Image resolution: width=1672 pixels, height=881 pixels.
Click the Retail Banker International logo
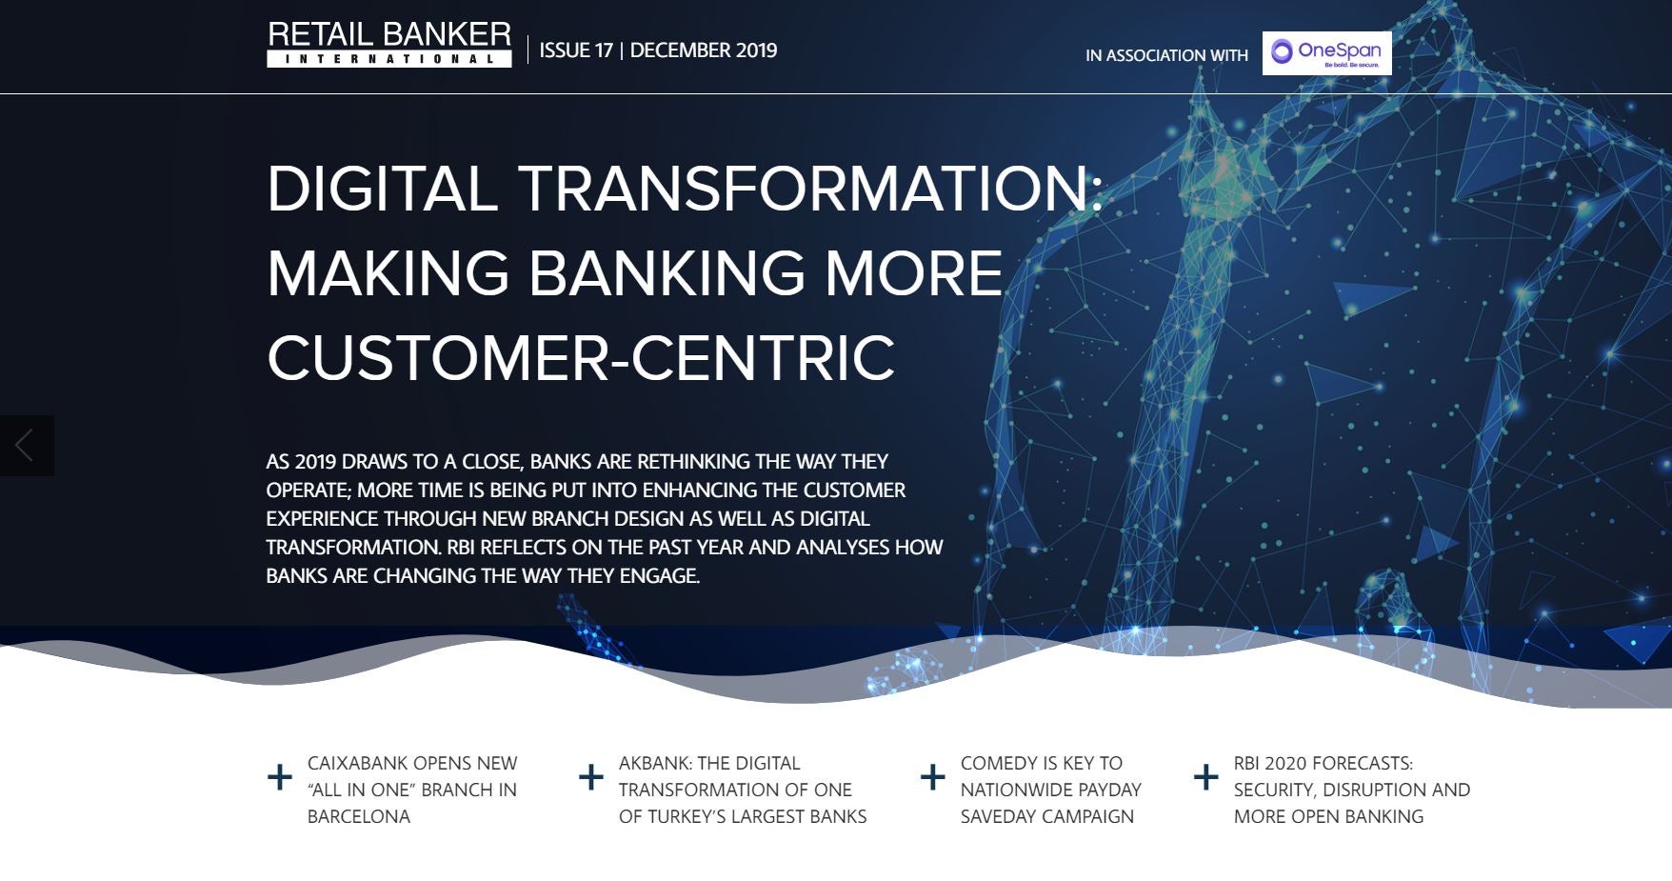pyautogui.click(x=389, y=45)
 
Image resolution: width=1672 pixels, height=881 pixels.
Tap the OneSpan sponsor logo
pyautogui.click(x=1326, y=53)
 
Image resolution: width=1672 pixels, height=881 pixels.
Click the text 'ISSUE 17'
pyautogui.click(x=576, y=50)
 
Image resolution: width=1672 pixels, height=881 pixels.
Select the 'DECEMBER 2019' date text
pyautogui.click(x=704, y=50)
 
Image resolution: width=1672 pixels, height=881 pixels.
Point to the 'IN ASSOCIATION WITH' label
pyautogui.click(x=1166, y=55)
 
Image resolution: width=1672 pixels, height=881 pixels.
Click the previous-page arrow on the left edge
pyautogui.click(x=26, y=446)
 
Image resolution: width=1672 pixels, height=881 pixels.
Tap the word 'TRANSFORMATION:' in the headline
pyautogui.click(x=811, y=188)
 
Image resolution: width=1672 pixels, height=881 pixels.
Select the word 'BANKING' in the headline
pyautogui.click(x=667, y=272)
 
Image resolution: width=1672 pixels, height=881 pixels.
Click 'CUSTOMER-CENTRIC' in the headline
pyautogui.click(x=581, y=357)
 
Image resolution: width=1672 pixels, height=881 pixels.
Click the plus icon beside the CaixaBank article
pyautogui.click(x=280, y=777)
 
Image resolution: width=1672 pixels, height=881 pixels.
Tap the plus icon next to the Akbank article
pyautogui.click(x=591, y=777)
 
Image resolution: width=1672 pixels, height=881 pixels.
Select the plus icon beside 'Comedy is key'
pyautogui.click(x=933, y=777)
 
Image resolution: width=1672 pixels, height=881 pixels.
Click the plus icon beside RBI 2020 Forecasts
pyautogui.click(x=1206, y=777)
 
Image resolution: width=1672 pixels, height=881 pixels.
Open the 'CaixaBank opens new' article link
pyautogui.click(x=412, y=790)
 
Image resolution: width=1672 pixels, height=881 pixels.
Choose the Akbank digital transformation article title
pyautogui.click(x=743, y=790)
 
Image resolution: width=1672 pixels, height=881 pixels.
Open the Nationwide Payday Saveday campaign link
pyautogui.click(x=1050, y=790)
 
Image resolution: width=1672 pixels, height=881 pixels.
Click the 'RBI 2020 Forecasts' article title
pyautogui.click(x=1352, y=790)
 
